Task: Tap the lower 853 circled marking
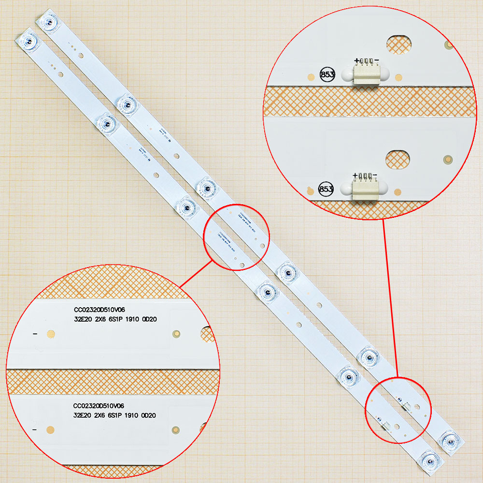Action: tap(326, 189)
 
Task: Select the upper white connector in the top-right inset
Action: tap(366, 75)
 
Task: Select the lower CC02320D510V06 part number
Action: tap(99, 406)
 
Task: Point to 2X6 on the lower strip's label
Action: tap(99, 415)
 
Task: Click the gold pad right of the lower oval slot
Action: tap(447, 159)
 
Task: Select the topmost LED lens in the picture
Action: tap(48, 21)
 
